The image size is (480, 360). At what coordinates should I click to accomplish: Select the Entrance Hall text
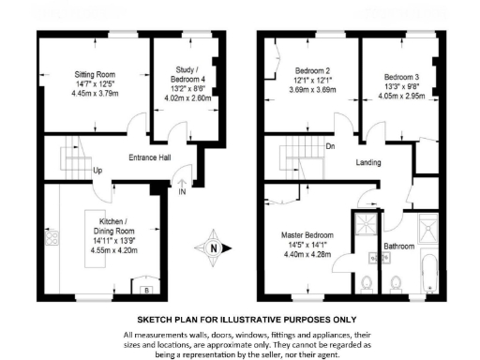(x=148, y=157)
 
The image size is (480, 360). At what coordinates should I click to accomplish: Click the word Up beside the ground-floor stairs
(x=97, y=171)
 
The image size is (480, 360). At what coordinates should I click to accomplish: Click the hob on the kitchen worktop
(x=49, y=235)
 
